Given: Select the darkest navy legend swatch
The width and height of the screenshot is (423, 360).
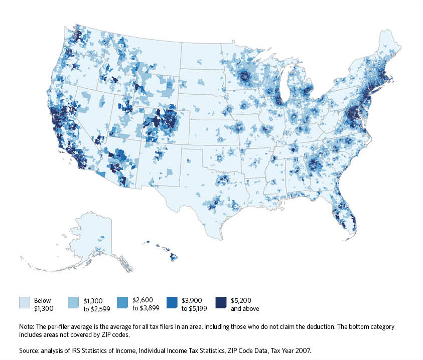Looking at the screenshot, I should (x=221, y=302).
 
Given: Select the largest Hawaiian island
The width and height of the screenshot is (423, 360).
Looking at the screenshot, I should (x=173, y=257).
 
